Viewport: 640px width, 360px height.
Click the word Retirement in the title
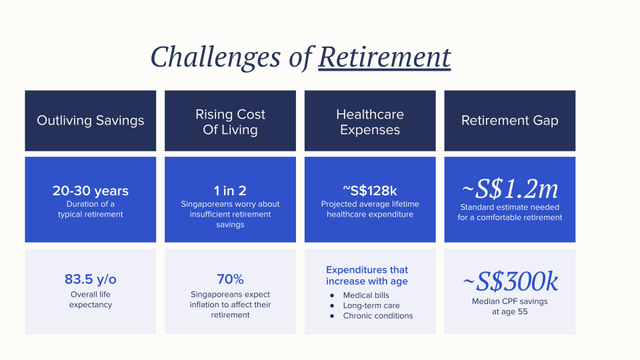pyautogui.click(x=385, y=57)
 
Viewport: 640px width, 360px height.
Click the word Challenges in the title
pyautogui.click(x=215, y=57)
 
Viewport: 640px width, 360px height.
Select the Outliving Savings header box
pyautogui.click(x=90, y=121)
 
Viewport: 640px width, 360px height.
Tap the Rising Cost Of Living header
pyautogui.click(x=230, y=121)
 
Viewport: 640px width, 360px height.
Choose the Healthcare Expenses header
pyautogui.click(x=370, y=121)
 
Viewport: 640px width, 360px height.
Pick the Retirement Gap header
pyautogui.click(x=510, y=121)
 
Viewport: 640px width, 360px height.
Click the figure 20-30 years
pyautogui.click(x=90, y=191)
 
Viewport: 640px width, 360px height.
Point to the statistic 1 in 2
pyautogui.click(x=230, y=191)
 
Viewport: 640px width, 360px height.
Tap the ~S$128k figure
pyautogui.click(x=370, y=191)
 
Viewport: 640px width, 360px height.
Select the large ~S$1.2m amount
pyautogui.click(x=510, y=189)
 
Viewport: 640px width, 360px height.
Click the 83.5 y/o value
pyautogui.click(x=90, y=279)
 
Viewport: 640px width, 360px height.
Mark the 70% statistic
pyautogui.click(x=230, y=279)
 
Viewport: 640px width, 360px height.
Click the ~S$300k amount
pyautogui.click(x=510, y=281)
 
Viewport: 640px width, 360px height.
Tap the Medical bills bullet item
pyautogui.click(x=366, y=295)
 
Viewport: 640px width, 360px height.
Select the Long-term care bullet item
pyautogui.click(x=371, y=305)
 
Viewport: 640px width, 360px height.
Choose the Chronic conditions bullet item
pyautogui.click(x=377, y=315)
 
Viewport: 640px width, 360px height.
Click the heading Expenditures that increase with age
pyautogui.click(x=367, y=275)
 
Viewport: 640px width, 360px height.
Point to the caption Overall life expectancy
pyautogui.click(x=90, y=299)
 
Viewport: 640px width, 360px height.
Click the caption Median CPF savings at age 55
pyautogui.click(x=510, y=307)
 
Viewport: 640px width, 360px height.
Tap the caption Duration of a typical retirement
pyautogui.click(x=90, y=209)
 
